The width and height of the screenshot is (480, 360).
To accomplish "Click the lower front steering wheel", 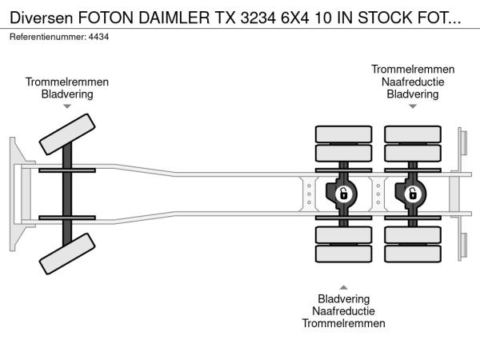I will point(66,258).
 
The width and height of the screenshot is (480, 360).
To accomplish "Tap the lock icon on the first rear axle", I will point(343,194).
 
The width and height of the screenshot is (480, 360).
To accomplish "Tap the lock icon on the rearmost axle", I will point(412,194).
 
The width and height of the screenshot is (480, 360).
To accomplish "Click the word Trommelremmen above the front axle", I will point(67,82).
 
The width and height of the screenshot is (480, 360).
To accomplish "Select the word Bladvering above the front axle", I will point(67,94).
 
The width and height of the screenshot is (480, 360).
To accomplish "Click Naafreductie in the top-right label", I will point(412,82).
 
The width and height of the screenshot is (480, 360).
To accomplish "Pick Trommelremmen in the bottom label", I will point(343,323).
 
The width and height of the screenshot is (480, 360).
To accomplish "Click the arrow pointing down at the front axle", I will point(67,106).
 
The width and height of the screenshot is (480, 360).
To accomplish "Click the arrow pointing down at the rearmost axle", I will point(412,106).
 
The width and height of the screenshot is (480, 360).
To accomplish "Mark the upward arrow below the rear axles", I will point(343,286).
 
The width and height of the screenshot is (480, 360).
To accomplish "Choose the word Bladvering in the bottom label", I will point(343,298).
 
